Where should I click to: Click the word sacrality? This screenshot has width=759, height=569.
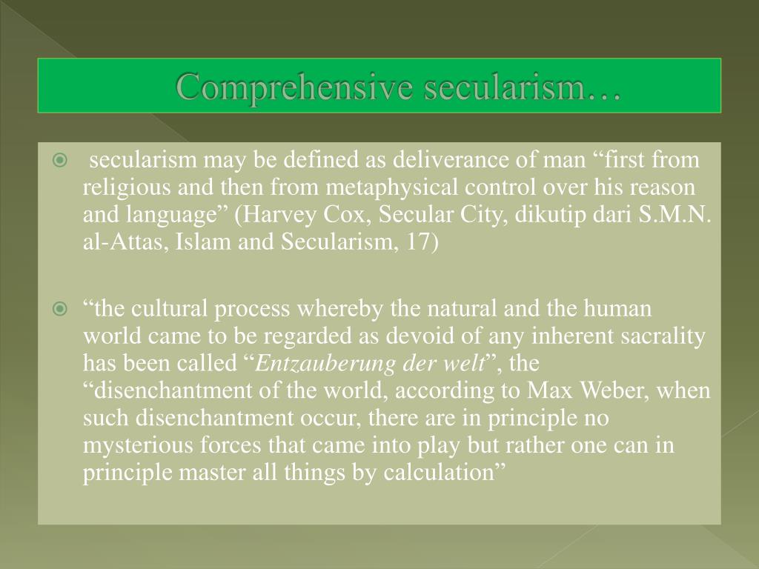(x=665, y=336)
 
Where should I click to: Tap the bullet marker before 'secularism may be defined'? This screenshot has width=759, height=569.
(x=61, y=161)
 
